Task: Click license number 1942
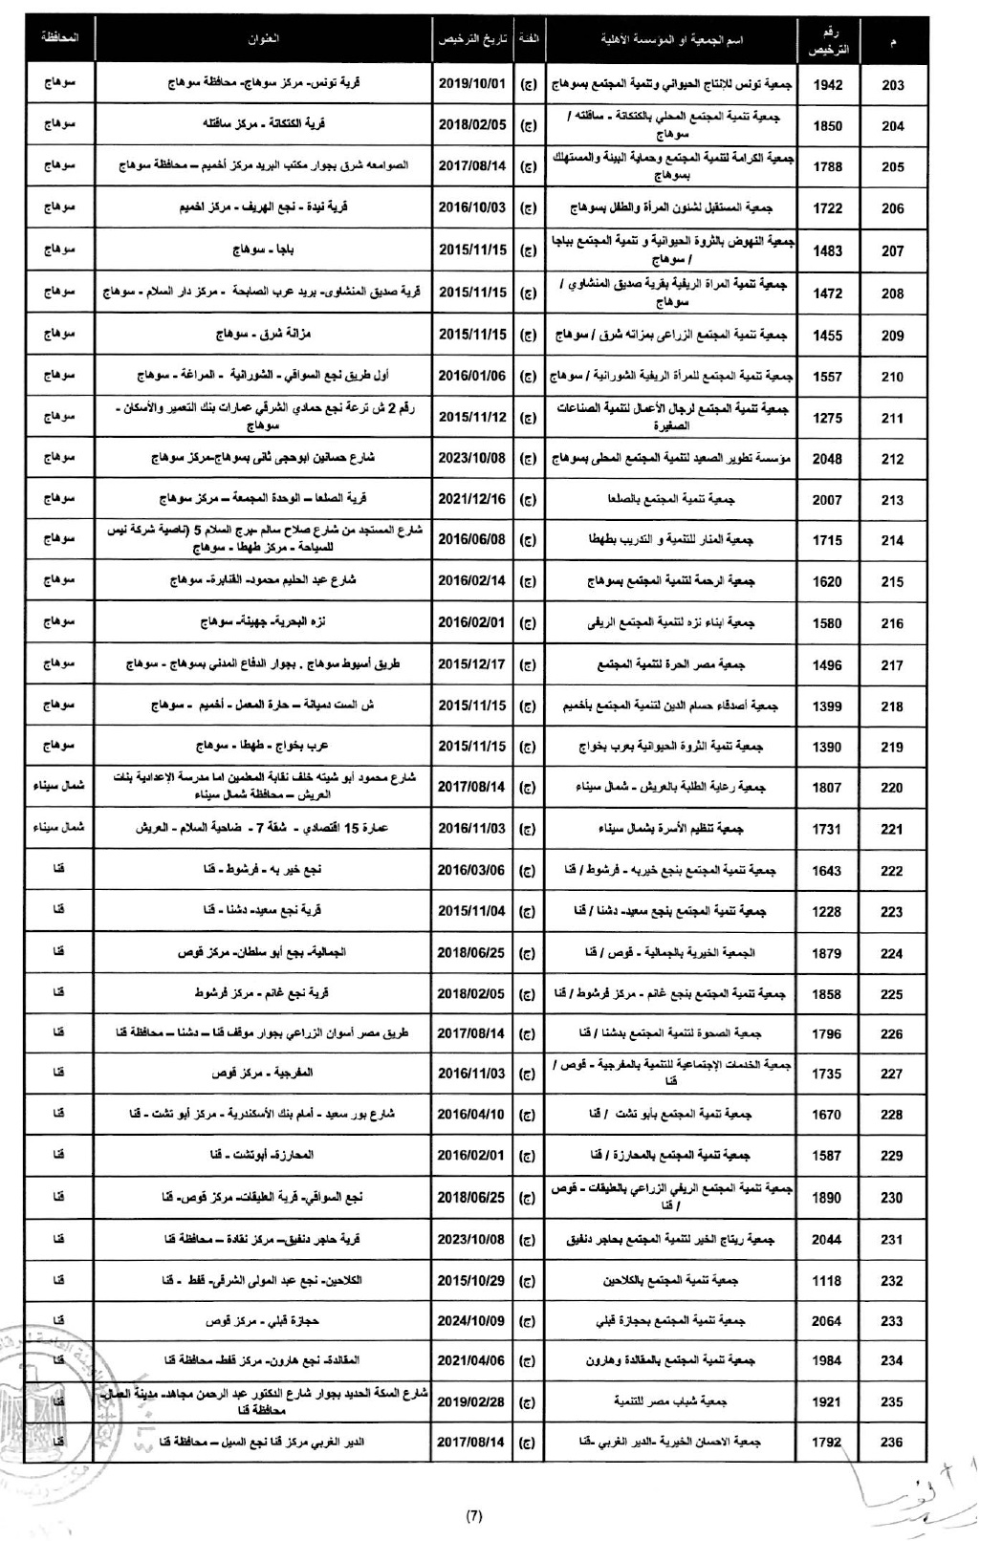pyautogui.click(x=827, y=85)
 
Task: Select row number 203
pyautogui.click(x=892, y=85)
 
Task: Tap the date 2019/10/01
pyautogui.click(x=472, y=84)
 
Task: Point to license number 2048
pyautogui.click(x=827, y=459)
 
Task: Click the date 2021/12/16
pyautogui.click(x=472, y=499)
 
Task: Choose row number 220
pyautogui.click(x=892, y=788)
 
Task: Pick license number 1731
pyautogui.click(x=827, y=829)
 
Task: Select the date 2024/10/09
pyautogui.click(x=472, y=1321)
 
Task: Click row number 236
pyautogui.click(x=892, y=1443)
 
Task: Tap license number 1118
pyautogui.click(x=827, y=1280)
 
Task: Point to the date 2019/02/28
pyautogui.click(x=472, y=1401)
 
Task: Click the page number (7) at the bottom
pyautogui.click(x=474, y=1515)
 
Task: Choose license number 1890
pyautogui.click(x=827, y=1198)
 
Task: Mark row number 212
pyautogui.click(x=892, y=459)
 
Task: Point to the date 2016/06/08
pyautogui.click(x=472, y=539)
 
